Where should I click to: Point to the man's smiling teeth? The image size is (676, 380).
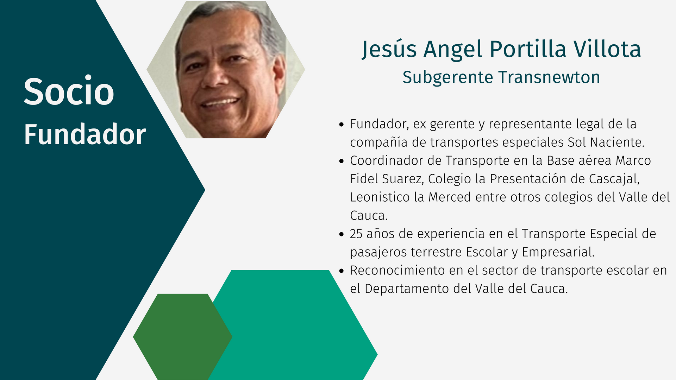tap(220, 102)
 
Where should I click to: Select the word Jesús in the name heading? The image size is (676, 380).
tap(389, 50)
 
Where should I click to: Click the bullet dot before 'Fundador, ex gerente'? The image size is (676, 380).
tap(341, 124)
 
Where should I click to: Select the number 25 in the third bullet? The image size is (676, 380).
tap(356, 234)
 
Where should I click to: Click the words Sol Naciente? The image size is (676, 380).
tap(606, 142)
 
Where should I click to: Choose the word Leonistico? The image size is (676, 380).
tap(380, 197)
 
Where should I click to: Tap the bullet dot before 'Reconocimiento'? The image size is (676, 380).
tap(341, 271)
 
